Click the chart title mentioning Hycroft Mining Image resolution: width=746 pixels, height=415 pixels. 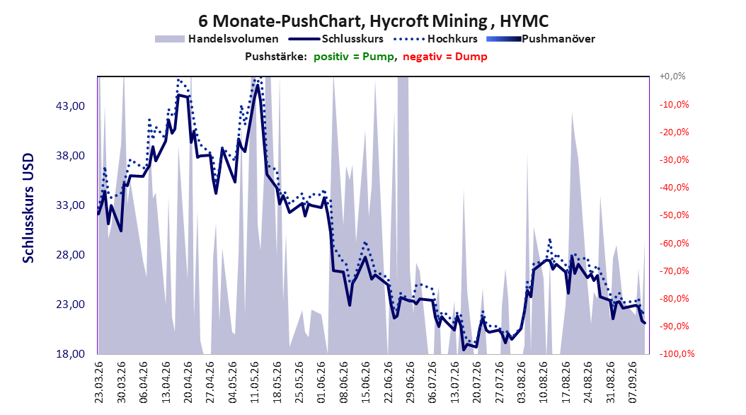point(373,21)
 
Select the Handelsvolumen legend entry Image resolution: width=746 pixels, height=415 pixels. point(217,39)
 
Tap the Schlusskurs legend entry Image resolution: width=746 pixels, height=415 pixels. point(336,39)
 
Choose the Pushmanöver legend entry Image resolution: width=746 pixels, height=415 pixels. point(541,39)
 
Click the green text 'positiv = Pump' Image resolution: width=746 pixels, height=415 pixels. point(354,57)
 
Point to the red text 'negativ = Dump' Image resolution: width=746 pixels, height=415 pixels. point(445,57)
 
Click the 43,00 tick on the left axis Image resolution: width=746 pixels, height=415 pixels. point(70,106)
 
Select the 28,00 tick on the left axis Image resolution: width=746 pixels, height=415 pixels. point(70,255)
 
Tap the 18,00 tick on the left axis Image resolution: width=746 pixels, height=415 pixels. point(70,354)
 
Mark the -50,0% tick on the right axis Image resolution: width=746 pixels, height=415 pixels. point(674,215)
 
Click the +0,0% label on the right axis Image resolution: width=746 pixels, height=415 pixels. point(672,76)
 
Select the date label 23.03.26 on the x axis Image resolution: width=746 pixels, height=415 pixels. point(99,382)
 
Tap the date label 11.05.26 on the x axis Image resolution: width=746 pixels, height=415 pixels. point(255,382)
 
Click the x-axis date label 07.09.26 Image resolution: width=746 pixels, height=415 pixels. point(633,382)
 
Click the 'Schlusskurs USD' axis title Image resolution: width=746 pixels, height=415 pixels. point(28,208)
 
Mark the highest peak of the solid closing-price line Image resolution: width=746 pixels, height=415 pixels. point(258,85)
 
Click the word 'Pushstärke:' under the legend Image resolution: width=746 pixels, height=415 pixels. point(276,57)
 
